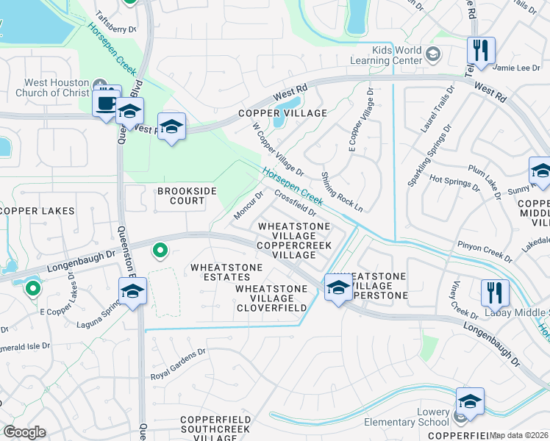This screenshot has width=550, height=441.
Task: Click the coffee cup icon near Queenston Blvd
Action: [107, 101]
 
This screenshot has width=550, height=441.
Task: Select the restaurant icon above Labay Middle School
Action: [495, 292]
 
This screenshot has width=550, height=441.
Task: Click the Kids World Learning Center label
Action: [397, 54]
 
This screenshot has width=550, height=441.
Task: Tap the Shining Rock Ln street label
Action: [342, 193]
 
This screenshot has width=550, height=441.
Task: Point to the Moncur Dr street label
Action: [249, 206]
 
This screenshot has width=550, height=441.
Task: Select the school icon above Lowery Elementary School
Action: [470, 401]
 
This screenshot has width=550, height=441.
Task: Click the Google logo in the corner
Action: [24, 432]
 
